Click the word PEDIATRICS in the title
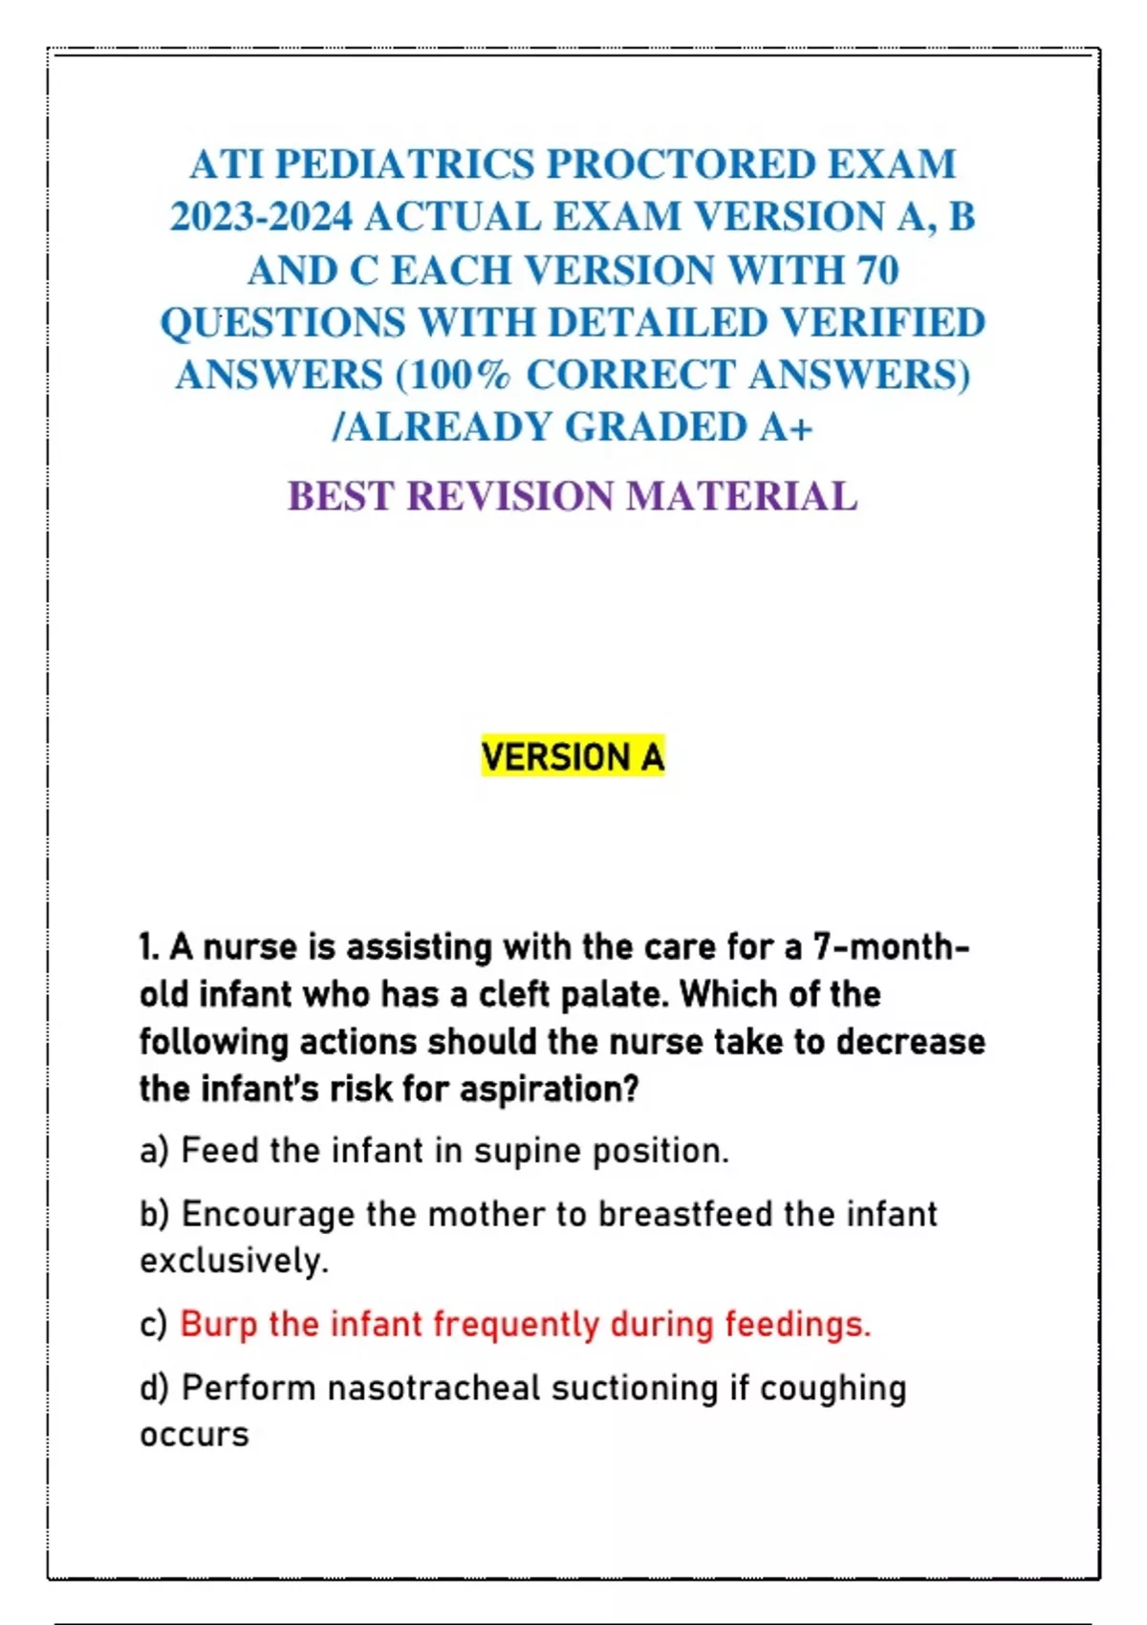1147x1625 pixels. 404,164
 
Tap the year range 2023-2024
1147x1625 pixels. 261,217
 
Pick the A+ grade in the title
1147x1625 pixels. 787,427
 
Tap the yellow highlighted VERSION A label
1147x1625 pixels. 573,757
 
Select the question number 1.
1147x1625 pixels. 148,947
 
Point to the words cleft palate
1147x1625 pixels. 572,994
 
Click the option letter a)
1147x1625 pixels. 154,1150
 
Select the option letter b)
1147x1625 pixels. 154,1214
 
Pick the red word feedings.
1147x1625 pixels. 797,1325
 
